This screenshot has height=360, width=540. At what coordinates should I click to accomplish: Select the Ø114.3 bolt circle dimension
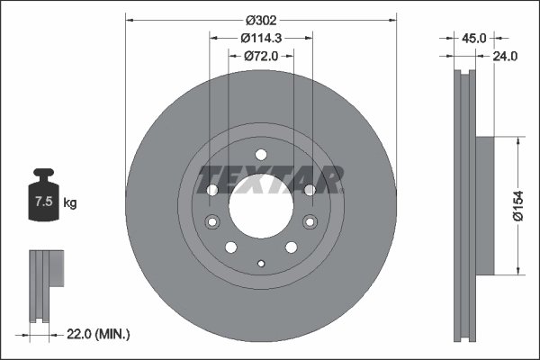point(261,37)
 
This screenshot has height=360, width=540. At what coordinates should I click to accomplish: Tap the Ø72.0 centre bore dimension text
point(261,56)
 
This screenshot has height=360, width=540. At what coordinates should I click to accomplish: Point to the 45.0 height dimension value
point(473,38)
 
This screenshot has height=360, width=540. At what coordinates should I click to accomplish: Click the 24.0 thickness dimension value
point(505,56)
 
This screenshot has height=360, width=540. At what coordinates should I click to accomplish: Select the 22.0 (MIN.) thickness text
point(98,334)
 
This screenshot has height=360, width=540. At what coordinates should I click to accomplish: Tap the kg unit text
point(71,203)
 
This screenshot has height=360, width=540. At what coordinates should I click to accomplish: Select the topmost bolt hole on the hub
point(261,154)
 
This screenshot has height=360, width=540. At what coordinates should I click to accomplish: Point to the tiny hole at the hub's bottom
point(261,264)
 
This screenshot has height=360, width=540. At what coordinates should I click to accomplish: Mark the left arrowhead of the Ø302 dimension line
point(130,17)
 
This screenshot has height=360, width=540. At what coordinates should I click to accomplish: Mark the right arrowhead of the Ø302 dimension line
point(392,17)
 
